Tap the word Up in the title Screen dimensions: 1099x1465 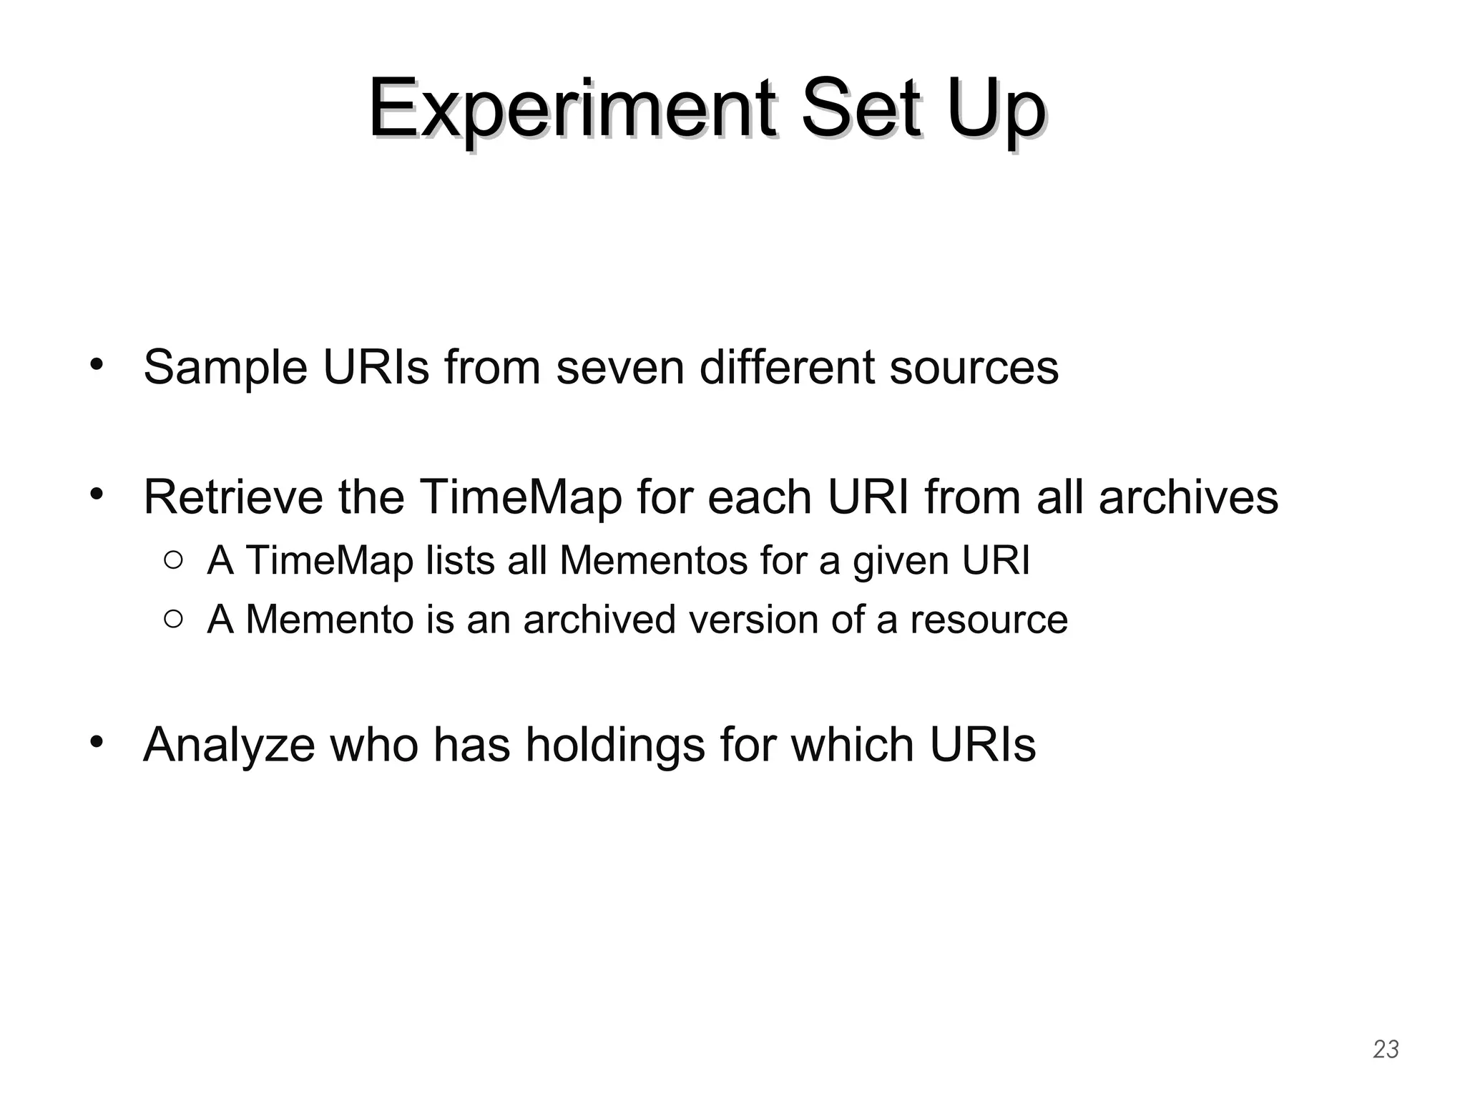(997, 111)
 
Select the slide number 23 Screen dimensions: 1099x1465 (1386, 1049)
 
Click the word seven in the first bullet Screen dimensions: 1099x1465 (620, 367)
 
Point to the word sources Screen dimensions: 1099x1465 (974, 367)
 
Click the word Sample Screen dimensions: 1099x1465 (225, 367)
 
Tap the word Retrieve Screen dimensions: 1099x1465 (234, 497)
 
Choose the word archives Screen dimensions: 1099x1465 (1188, 497)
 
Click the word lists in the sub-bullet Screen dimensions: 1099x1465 (461, 560)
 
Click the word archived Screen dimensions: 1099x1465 (599, 619)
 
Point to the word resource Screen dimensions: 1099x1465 (989, 620)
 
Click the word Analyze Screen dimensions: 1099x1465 (229, 745)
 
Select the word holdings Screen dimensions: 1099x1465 (616, 745)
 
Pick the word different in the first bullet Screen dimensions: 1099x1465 (787, 367)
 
